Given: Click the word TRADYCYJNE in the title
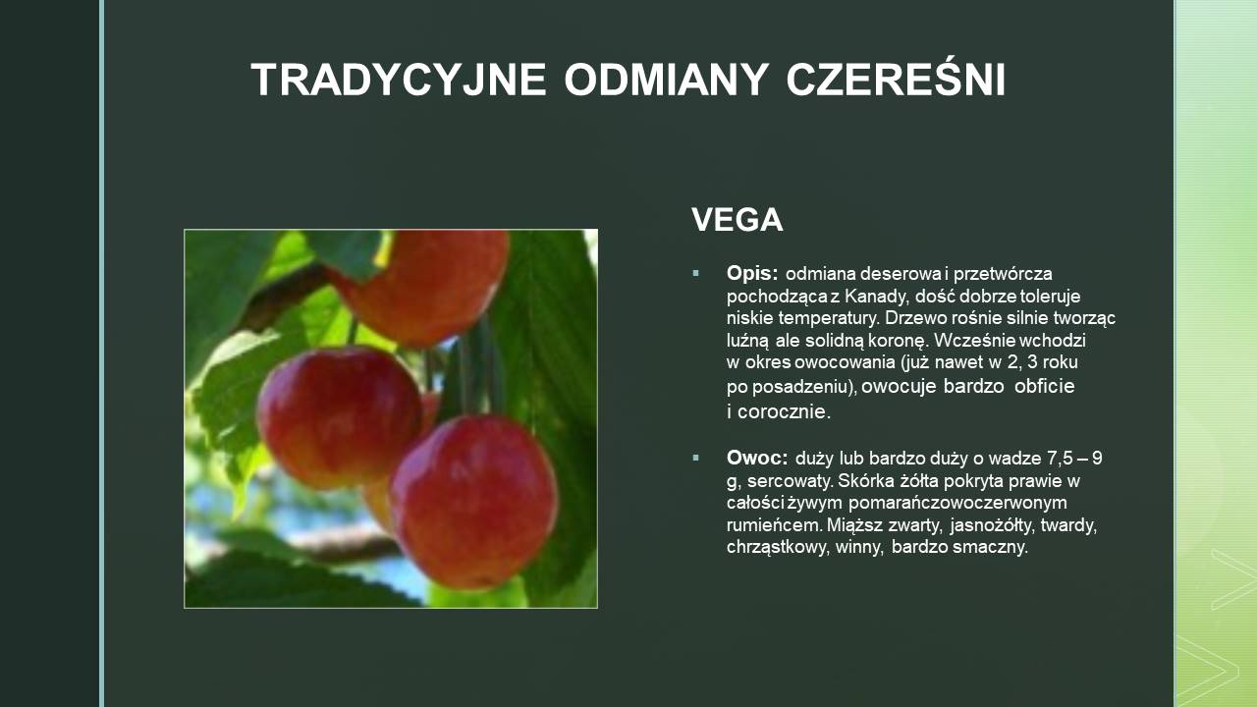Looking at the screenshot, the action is tap(399, 80).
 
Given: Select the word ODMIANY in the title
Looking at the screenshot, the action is tap(667, 80).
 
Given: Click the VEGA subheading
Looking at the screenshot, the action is tap(737, 219).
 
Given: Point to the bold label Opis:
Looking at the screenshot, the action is tap(752, 274).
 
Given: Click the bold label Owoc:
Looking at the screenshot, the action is tap(757, 458).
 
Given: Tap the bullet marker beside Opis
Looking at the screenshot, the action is tap(696, 274).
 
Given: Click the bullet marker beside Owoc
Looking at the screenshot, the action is tap(696, 458).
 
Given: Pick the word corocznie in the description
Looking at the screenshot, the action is tap(784, 411).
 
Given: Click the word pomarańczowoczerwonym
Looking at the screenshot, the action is tap(957, 503).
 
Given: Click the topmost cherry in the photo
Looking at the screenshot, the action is tap(422, 286).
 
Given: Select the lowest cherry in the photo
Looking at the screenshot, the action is tap(474, 501).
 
